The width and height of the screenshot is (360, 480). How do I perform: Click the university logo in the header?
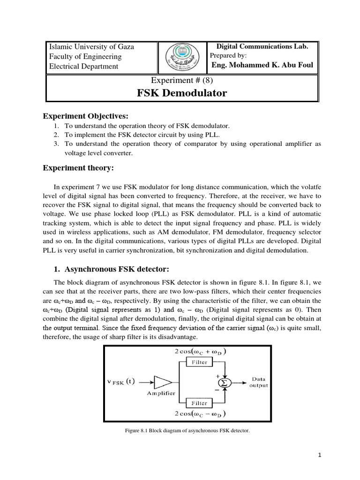coord(182,57)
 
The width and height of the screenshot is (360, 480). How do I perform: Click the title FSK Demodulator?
coord(182,93)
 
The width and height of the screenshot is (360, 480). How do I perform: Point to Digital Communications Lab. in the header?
coord(262,46)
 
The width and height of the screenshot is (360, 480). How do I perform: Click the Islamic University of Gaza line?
coord(92,46)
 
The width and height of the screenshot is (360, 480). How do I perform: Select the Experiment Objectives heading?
coord(85,116)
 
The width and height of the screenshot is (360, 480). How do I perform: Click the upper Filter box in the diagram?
coord(199,362)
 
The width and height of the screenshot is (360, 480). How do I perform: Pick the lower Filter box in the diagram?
coord(199,403)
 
